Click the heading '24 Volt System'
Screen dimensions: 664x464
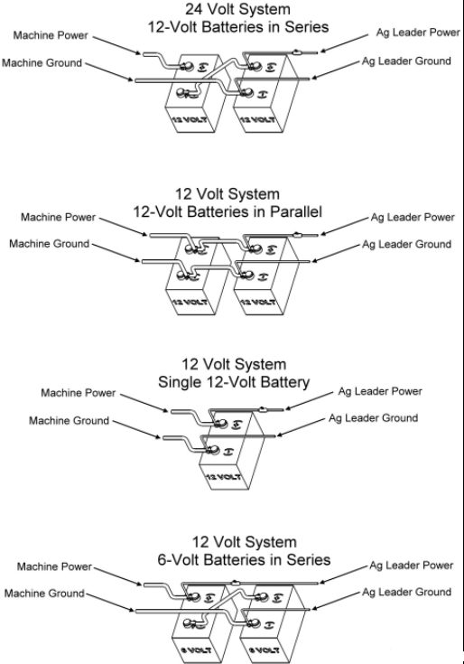[238, 9]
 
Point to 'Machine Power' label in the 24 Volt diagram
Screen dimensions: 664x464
[51, 34]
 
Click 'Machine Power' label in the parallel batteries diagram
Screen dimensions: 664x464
[57, 218]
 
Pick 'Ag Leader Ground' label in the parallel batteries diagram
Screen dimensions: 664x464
[406, 245]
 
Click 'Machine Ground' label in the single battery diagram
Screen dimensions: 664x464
[69, 421]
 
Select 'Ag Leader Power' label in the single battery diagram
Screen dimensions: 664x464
[380, 392]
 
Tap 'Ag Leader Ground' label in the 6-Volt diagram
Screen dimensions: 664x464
[406, 592]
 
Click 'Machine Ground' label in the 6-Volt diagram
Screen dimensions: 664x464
[44, 594]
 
